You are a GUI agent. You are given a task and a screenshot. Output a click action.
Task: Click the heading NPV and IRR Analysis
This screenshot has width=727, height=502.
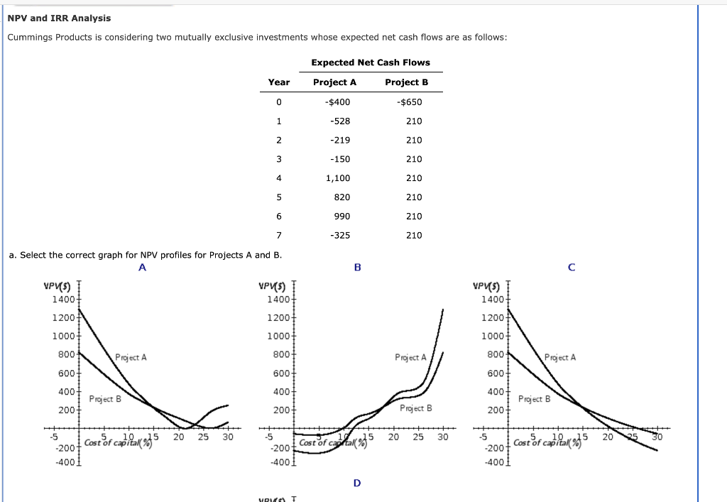(59, 18)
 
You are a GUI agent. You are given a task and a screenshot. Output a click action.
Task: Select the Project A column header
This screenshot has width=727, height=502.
(334, 82)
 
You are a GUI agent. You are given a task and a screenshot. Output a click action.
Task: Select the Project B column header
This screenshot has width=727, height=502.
(406, 82)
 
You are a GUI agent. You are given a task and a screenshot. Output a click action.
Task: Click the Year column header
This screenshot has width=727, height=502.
(279, 82)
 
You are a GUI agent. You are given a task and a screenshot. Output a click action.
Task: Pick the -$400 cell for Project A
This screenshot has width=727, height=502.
(337, 102)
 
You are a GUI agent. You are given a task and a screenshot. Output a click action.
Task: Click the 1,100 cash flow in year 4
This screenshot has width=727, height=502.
(338, 178)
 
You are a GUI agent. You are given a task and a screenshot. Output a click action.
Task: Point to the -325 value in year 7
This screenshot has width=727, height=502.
(340, 235)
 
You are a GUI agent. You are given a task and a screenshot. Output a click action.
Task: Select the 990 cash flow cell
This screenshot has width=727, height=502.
(341, 216)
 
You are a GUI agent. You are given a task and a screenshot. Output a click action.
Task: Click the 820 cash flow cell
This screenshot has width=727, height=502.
(341, 197)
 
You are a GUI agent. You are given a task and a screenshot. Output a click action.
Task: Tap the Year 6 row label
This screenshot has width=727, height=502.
(279, 216)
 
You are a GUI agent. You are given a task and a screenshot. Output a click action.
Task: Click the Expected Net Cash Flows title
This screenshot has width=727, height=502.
(371, 62)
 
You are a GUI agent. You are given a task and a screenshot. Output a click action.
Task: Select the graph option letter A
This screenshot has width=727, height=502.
(142, 268)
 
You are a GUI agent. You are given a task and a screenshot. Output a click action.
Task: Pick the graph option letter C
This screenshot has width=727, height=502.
(571, 268)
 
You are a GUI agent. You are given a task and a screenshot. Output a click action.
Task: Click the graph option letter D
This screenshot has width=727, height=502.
(357, 483)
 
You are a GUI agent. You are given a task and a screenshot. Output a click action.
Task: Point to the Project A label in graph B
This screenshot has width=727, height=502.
(410, 357)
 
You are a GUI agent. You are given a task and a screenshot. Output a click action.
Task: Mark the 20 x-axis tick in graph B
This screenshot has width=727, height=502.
(394, 437)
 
